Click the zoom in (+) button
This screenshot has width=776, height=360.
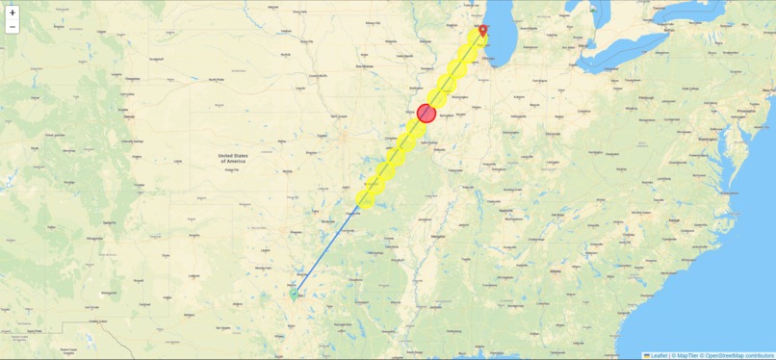click(x=13, y=13)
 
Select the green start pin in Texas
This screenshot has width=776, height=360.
click(x=295, y=295)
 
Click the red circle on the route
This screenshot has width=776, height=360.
click(x=427, y=113)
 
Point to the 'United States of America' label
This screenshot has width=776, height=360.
click(x=231, y=157)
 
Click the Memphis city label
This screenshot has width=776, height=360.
click(x=439, y=235)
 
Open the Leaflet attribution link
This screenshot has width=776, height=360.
click(x=659, y=355)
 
